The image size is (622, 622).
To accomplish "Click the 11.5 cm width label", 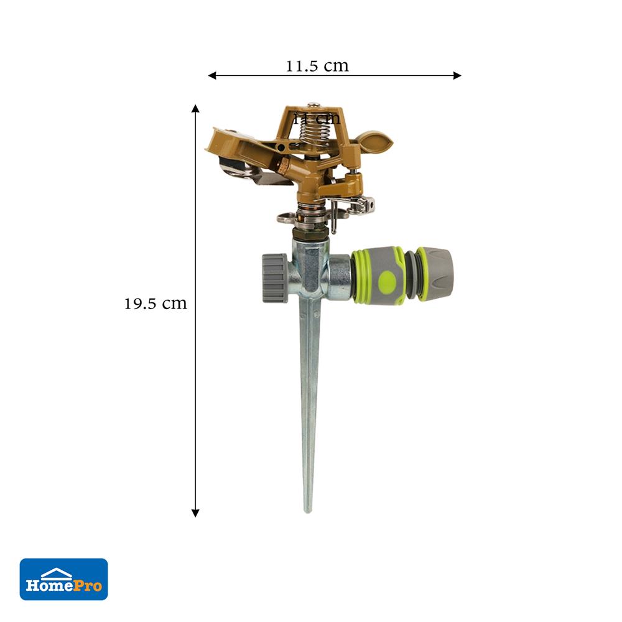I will (317, 66).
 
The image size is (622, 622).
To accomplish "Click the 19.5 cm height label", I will (155, 304).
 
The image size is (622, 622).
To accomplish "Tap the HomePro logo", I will (63, 579).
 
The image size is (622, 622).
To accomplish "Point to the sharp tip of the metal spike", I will (307, 509).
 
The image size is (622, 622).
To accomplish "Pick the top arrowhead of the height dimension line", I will (195, 109).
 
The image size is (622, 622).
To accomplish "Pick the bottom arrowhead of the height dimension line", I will (195, 513).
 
